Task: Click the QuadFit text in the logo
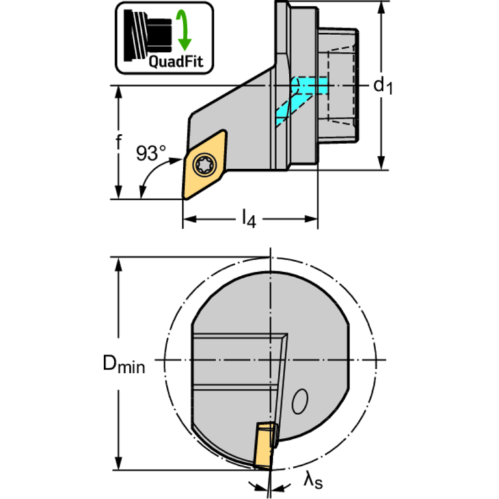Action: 176,61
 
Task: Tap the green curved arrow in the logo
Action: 184,30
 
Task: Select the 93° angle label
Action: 151,153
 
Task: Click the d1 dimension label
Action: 383,86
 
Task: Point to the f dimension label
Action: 118,142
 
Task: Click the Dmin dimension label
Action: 124,364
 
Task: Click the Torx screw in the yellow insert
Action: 205,165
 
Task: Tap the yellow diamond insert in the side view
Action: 205,165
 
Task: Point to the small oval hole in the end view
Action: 300,401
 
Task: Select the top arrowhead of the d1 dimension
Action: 381,8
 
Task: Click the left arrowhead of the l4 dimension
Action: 190,219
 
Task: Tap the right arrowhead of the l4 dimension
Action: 311,219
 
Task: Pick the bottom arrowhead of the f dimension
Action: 118,193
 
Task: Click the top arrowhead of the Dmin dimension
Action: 118,263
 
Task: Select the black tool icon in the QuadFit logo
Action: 148,35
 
